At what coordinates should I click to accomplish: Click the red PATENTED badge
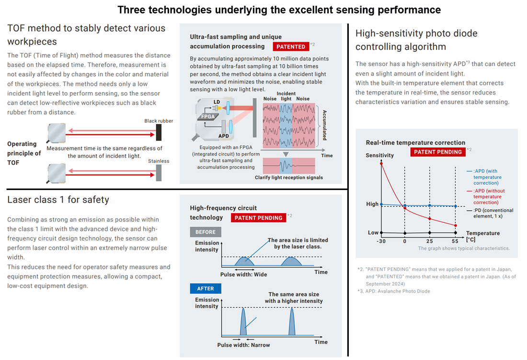click(x=291, y=47)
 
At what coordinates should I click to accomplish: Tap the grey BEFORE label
click(x=206, y=232)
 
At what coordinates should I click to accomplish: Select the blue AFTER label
click(x=206, y=288)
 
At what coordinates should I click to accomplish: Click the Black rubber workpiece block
click(x=159, y=132)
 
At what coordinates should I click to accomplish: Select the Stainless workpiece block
click(x=159, y=172)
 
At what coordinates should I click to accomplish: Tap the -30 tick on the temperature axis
click(x=381, y=241)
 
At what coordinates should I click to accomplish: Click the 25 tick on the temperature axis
click(x=429, y=241)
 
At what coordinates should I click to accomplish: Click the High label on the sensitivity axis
click(x=372, y=204)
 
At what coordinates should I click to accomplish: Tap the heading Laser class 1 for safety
click(x=58, y=200)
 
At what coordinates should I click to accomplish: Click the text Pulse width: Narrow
click(x=243, y=345)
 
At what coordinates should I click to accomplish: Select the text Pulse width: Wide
click(x=243, y=275)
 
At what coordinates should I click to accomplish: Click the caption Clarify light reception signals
click(x=288, y=178)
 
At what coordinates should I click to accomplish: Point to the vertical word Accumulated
click(x=325, y=124)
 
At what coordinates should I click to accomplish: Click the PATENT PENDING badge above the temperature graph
click(x=438, y=152)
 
